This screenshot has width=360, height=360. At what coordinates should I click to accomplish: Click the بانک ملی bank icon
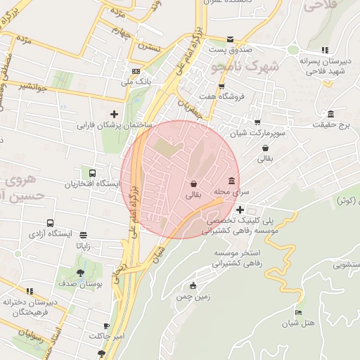click(135, 71)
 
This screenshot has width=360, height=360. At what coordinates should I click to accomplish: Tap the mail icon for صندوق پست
click(231, 39)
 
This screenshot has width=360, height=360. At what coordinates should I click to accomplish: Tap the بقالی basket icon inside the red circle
click(193, 184)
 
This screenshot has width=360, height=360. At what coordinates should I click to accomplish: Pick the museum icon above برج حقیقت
click(330, 115)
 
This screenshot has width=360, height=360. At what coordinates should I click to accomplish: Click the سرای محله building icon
click(231, 181)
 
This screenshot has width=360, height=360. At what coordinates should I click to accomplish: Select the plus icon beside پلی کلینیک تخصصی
click(240, 209)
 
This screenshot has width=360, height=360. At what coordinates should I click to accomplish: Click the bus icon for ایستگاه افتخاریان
click(92, 173)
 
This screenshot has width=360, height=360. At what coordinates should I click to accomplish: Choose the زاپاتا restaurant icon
click(84, 235)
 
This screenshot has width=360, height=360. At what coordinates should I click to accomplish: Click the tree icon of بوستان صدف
click(82, 271)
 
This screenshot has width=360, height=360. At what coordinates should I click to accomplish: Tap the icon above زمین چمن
click(193, 285)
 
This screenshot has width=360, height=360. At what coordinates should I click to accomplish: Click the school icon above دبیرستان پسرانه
click(324, 50)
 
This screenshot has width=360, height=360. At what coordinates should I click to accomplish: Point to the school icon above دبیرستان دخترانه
click(30, 290)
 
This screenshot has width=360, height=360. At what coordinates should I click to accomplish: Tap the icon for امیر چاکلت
click(106, 326)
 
